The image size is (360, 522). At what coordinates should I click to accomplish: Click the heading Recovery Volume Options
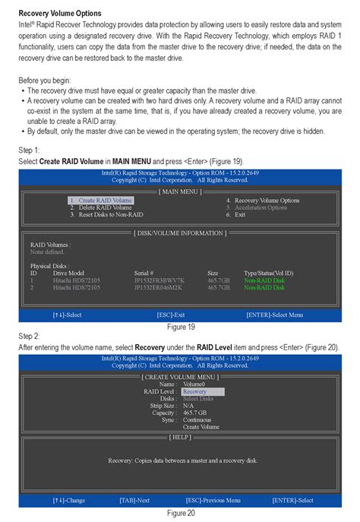point(59,14)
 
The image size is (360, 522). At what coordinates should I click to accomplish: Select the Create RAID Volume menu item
point(101,201)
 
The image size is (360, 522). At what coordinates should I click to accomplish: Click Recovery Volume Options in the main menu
point(262,201)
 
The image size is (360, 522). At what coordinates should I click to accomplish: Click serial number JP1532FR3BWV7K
point(159,280)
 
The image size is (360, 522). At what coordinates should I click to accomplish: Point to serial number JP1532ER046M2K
point(159,288)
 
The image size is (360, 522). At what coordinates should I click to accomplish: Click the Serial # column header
point(144,273)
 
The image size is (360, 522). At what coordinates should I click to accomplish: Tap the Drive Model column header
point(68,273)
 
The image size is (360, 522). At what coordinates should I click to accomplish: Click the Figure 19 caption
point(181,326)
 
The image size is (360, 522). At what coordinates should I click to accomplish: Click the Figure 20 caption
point(181,512)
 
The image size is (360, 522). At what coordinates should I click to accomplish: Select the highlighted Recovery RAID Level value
point(194,391)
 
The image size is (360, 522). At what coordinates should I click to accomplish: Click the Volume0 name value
point(194,384)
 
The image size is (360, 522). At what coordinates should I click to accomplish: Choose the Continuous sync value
point(197,419)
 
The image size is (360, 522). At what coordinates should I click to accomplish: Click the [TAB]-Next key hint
point(134,500)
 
